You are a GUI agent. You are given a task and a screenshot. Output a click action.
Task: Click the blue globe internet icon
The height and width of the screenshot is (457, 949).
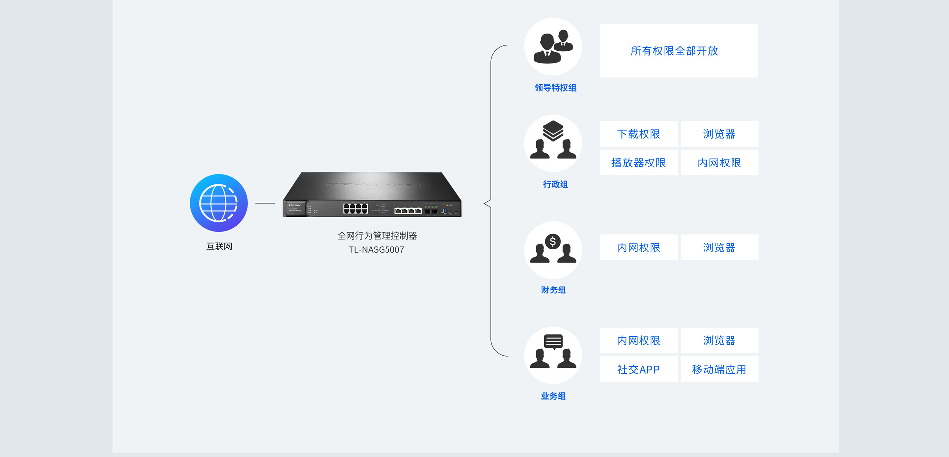click(218, 203)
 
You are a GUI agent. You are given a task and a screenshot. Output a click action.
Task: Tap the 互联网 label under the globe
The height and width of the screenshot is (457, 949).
click(219, 246)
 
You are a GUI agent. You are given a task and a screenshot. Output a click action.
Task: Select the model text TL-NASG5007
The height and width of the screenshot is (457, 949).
click(376, 250)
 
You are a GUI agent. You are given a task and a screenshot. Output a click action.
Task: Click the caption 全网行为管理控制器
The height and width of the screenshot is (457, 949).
click(377, 236)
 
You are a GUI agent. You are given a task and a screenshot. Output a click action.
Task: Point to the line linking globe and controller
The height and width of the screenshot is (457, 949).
click(265, 203)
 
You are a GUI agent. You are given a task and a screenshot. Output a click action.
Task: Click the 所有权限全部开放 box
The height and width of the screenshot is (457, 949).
click(678, 50)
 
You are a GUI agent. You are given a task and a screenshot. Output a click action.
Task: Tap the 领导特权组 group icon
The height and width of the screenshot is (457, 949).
click(553, 46)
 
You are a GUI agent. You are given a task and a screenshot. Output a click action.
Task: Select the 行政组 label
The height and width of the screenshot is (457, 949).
click(555, 184)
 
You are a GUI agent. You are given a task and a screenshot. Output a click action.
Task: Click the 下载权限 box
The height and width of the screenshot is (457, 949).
click(639, 134)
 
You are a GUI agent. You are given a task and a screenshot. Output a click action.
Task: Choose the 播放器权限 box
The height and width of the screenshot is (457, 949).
click(639, 163)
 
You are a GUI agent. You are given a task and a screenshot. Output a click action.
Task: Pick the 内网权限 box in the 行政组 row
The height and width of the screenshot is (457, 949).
click(719, 163)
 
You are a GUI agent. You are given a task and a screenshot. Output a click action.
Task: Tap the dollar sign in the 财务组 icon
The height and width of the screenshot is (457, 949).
click(553, 242)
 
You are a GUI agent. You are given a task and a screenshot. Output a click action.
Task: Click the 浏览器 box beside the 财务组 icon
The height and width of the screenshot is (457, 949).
click(719, 248)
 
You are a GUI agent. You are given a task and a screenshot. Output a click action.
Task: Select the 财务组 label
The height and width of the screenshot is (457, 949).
click(553, 290)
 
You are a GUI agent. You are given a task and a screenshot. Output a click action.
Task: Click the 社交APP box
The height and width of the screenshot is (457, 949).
click(639, 369)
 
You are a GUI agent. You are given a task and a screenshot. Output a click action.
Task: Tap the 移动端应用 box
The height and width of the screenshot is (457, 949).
click(719, 369)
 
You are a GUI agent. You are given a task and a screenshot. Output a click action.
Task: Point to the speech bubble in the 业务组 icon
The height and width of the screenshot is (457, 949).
click(553, 342)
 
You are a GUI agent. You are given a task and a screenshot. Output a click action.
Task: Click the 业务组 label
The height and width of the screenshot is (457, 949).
click(553, 396)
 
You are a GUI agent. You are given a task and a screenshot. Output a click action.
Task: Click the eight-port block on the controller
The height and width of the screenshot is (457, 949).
click(355, 208)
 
